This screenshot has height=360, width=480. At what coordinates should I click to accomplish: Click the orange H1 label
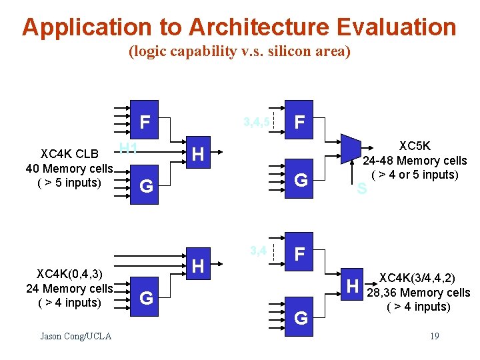pos(128,148)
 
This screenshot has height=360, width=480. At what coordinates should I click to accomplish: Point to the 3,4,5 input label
pos(257,122)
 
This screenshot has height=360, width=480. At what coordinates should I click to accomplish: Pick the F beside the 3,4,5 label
pos(301,122)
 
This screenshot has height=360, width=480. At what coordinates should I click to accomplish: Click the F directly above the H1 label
pos(145,122)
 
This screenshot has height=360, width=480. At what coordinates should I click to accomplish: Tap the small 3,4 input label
pos(259,251)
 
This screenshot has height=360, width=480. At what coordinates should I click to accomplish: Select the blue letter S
pos(361,189)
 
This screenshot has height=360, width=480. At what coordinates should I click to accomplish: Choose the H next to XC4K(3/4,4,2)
pos(353,287)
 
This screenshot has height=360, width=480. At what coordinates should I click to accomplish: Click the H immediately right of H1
pos(198,155)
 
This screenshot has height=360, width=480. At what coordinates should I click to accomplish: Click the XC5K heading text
pos(415,146)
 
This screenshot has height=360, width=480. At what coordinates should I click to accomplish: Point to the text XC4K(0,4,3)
pos(69,274)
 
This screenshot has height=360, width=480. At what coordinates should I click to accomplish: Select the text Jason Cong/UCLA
pos(75,336)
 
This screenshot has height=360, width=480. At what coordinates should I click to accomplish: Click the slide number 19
pos(434,336)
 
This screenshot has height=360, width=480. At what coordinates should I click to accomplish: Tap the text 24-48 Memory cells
pos(415,161)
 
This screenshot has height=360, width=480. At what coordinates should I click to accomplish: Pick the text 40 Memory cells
pos(69,169)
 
